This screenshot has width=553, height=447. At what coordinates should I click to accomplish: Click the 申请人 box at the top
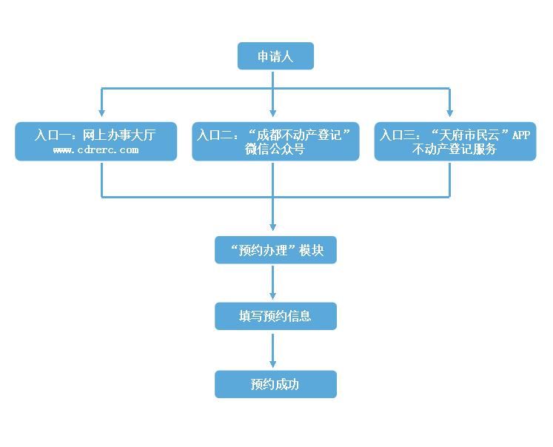click(x=275, y=56)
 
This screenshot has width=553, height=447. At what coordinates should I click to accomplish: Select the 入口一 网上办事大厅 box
click(x=96, y=141)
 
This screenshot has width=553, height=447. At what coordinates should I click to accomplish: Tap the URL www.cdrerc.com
click(x=96, y=150)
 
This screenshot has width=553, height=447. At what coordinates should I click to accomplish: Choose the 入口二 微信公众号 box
click(x=275, y=141)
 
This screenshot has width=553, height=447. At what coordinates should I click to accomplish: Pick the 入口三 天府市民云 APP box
click(x=455, y=141)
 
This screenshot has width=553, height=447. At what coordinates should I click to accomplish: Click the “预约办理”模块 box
click(x=275, y=250)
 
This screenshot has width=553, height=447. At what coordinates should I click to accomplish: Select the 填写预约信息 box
click(x=275, y=316)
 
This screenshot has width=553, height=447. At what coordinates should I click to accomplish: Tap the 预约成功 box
click(x=275, y=384)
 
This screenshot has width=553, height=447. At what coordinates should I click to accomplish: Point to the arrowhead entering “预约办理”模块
click(x=273, y=229)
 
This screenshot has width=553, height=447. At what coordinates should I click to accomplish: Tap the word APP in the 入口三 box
click(x=521, y=135)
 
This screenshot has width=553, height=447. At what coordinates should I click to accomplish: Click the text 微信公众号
click(x=275, y=149)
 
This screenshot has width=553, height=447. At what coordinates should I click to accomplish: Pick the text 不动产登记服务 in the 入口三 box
click(x=455, y=149)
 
